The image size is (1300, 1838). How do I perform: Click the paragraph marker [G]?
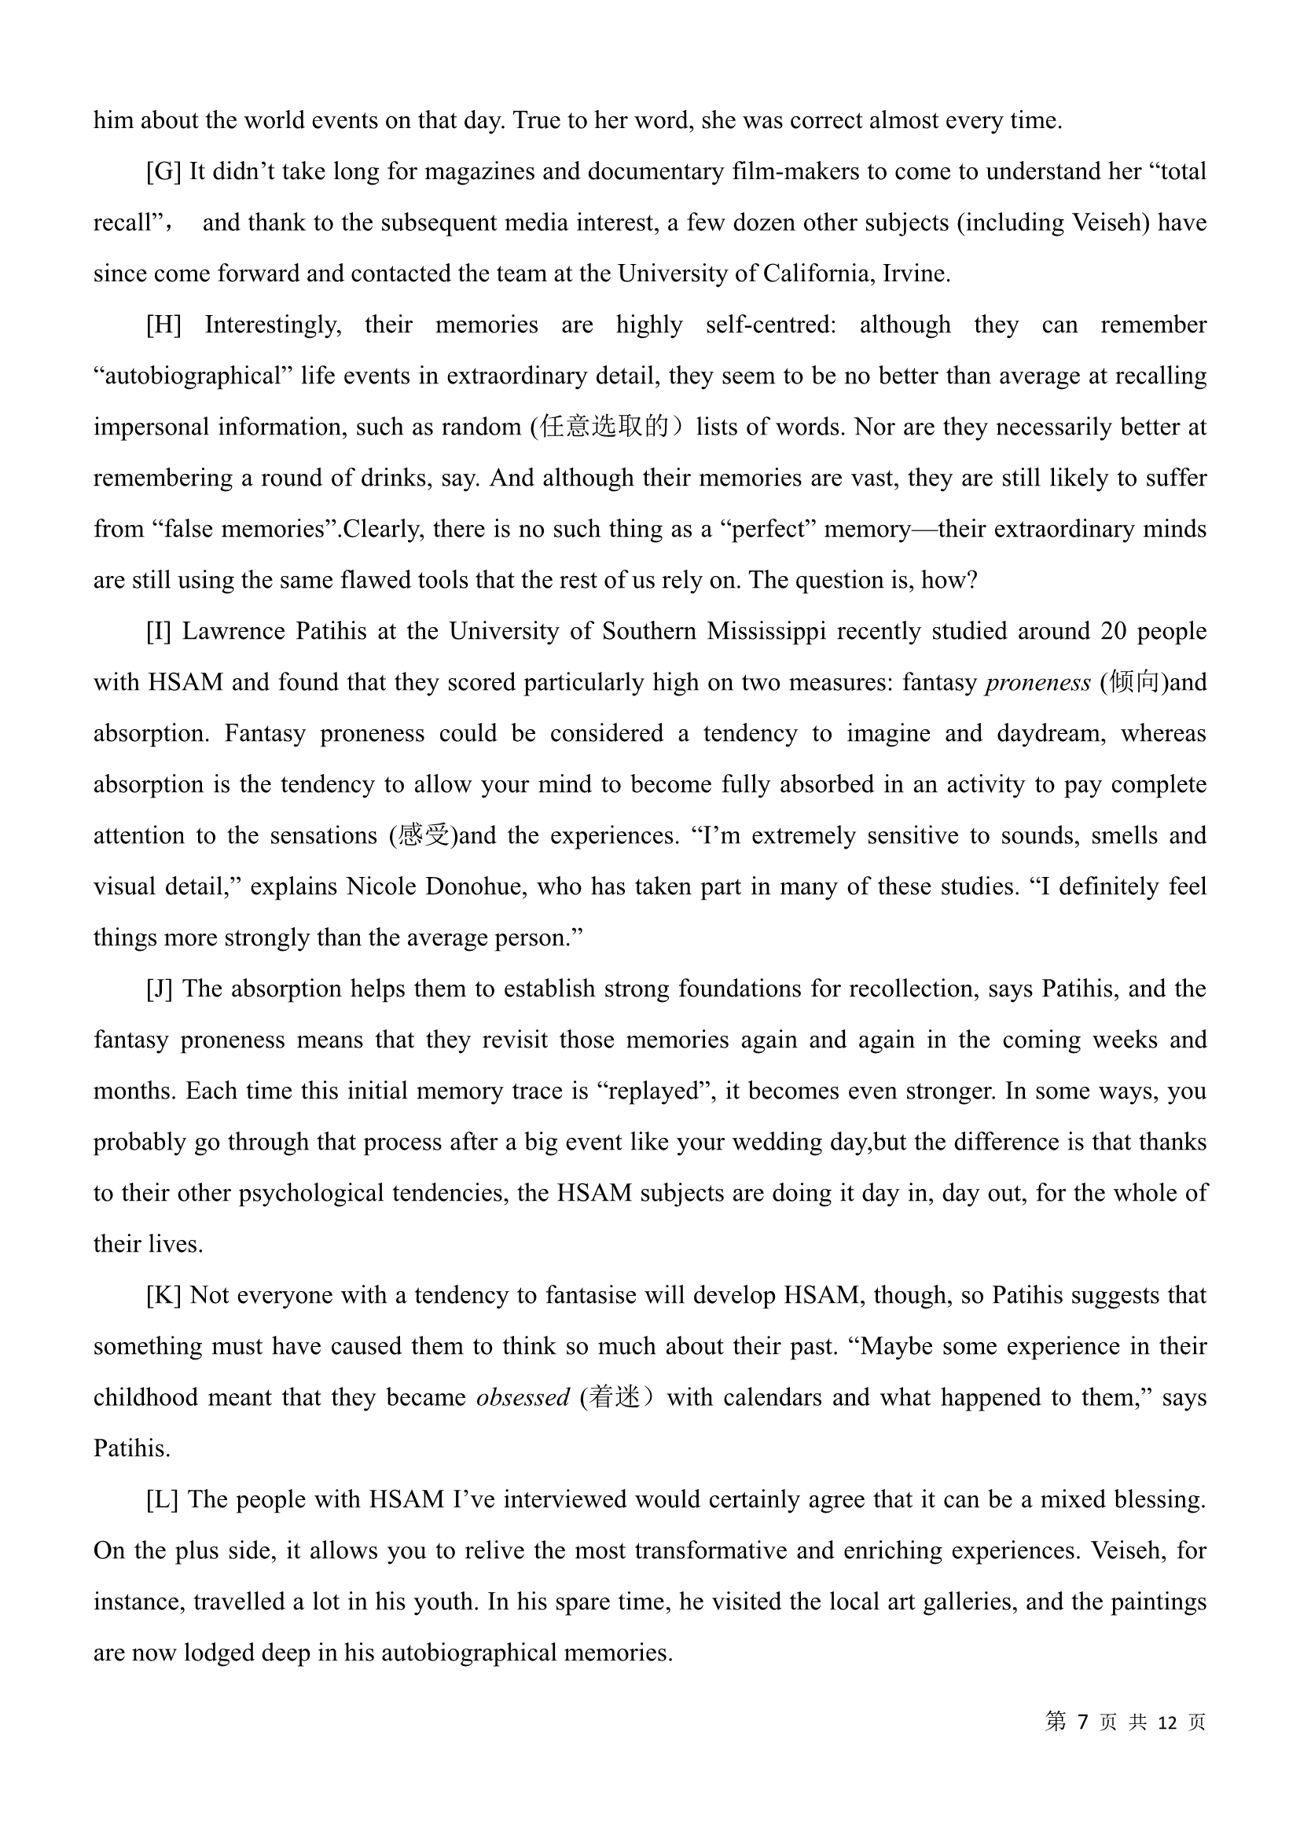pyautogui.click(x=163, y=172)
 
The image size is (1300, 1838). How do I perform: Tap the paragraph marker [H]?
pyautogui.click(x=163, y=325)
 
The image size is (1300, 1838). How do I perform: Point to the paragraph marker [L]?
pyautogui.click(x=162, y=1500)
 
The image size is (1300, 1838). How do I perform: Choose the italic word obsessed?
pyautogui.click(x=523, y=1398)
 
